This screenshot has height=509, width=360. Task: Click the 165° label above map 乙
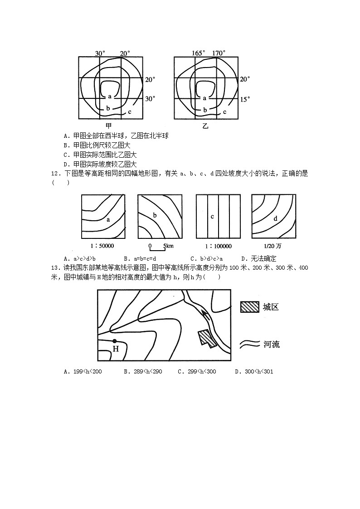tap(199, 53)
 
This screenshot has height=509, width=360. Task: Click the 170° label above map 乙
tap(219, 53)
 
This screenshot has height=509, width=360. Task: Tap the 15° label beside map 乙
tap(244, 99)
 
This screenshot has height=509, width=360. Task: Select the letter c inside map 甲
tap(130, 111)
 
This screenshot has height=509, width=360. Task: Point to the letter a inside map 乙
tap(204, 97)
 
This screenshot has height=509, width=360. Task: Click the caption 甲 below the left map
tap(108, 126)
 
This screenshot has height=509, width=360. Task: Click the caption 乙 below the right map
tap(206, 126)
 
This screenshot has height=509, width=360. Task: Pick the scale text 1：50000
tap(102, 246)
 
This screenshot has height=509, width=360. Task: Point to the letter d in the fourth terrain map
tap(275, 218)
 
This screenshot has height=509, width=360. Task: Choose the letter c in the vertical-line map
tap(212, 217)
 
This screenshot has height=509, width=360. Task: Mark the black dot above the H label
tap(115, 341)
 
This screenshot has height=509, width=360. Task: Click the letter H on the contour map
tap(116, 349)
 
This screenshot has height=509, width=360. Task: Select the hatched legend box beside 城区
tap(249, 307)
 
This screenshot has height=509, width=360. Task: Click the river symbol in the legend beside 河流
tap(249, 344)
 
